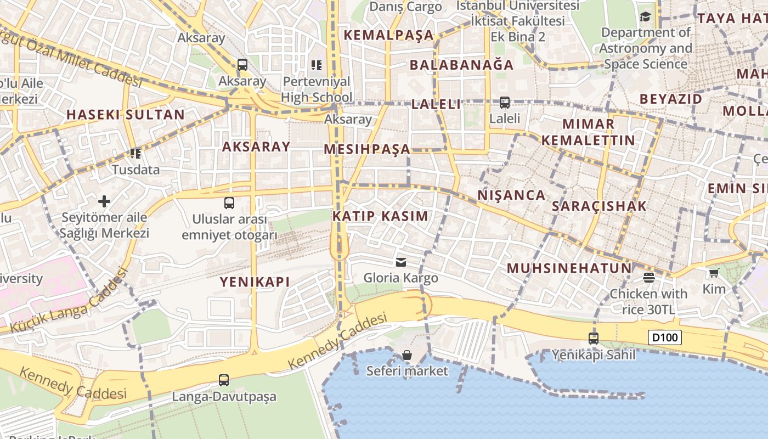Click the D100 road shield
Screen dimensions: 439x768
tap(665, 337)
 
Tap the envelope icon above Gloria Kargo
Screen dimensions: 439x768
tap(402, 262)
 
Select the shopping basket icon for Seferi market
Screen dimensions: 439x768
tap(407, 355)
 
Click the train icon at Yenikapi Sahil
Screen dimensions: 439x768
tap(594, 339)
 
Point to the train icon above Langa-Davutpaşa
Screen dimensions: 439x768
tap(224, 380)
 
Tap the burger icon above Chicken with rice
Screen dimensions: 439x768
tap(649, 277)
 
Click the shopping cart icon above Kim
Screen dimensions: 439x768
tap(714, 273)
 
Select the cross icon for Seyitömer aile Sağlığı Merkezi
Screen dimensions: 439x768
tap(104, 201)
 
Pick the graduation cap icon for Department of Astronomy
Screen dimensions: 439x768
tap(645, 16)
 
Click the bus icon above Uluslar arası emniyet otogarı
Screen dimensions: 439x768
tap(229, 203)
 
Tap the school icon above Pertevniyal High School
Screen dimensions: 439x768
tap(317, 65)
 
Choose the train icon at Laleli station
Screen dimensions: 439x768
tap(504, 102)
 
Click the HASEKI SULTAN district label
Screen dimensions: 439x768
tap(126, 115)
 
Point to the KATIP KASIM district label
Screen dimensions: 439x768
tap(380, 216)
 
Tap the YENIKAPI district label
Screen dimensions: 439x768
tap(255, 282)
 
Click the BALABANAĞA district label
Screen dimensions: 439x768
tap(462, 65)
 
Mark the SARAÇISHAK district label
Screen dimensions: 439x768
tap(599, 206)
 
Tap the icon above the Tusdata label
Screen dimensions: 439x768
tap(135, 154)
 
